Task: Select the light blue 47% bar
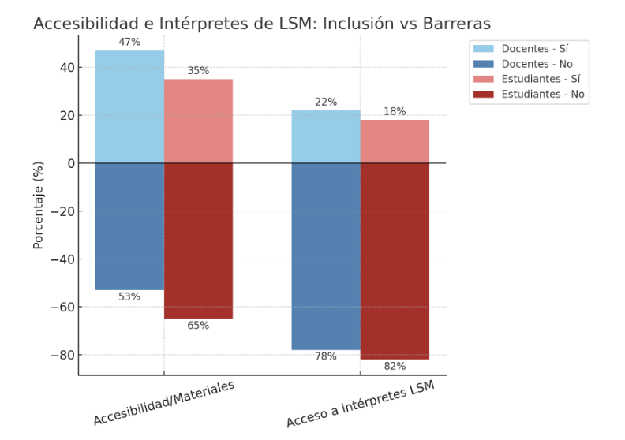click(129, 106)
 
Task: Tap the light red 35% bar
click(198, 121)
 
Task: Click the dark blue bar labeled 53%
click(129, 226)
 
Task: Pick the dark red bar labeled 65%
click(198, 241)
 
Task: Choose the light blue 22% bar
click(326, 136)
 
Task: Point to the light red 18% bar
click(395, 141)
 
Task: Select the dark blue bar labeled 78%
click(326, 256)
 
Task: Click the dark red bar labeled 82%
click(395, 261)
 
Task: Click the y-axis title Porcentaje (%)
click(38, 205)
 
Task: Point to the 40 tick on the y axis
click(65, 68)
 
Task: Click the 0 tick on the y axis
click(69, 163)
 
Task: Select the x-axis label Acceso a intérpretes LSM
click(360, 405)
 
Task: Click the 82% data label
click(395, 366)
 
